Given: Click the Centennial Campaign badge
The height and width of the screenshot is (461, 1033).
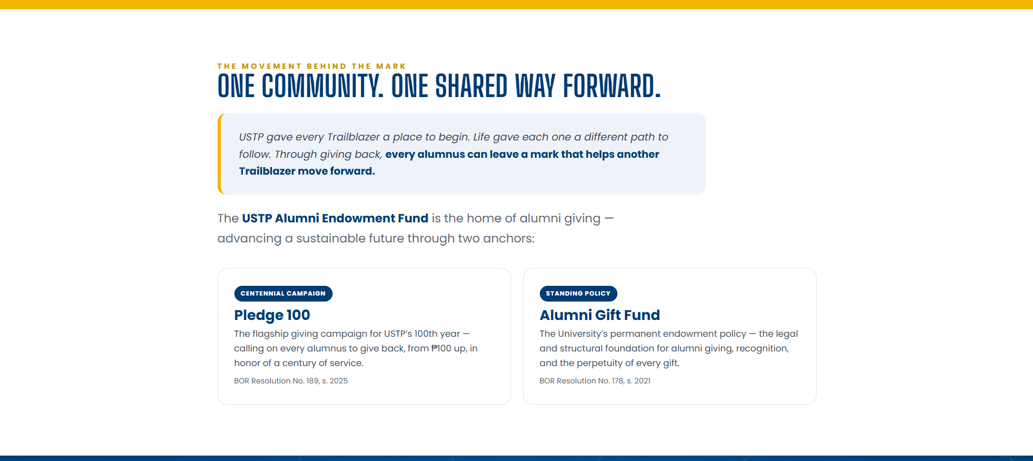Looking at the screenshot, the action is click(x=283, y=293).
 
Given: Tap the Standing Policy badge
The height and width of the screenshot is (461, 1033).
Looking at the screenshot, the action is click(x=578, y=293).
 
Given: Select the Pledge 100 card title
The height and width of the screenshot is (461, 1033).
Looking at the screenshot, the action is click(x=272, y=315).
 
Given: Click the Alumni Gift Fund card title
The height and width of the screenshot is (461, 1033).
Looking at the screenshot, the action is click(x=600, y=315).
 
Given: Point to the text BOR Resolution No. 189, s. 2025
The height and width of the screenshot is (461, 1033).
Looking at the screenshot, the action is click(x=291, y=381).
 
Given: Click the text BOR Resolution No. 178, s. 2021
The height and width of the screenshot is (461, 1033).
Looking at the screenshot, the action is click(x=595, y=381).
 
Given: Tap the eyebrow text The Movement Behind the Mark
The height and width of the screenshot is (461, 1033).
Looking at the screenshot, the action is click(x=311, y=66).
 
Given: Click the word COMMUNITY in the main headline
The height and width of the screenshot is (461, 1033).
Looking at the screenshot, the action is click(x=322, y=86).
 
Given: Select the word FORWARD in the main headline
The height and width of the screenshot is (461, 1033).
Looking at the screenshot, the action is click(x=612, y=86).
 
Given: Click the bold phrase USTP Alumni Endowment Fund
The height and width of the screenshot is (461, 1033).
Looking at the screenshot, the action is click(x=335, y=218).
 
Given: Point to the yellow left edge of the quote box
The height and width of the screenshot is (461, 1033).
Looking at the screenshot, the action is click(x=220, y=154).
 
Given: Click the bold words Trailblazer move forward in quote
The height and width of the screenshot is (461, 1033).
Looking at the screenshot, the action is click(x=307, y=171).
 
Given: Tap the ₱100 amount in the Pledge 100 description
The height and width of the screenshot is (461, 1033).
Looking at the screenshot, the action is click(x=441, y=348).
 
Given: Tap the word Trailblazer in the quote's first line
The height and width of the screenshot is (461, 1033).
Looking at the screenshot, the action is click(x=354, y=137).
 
